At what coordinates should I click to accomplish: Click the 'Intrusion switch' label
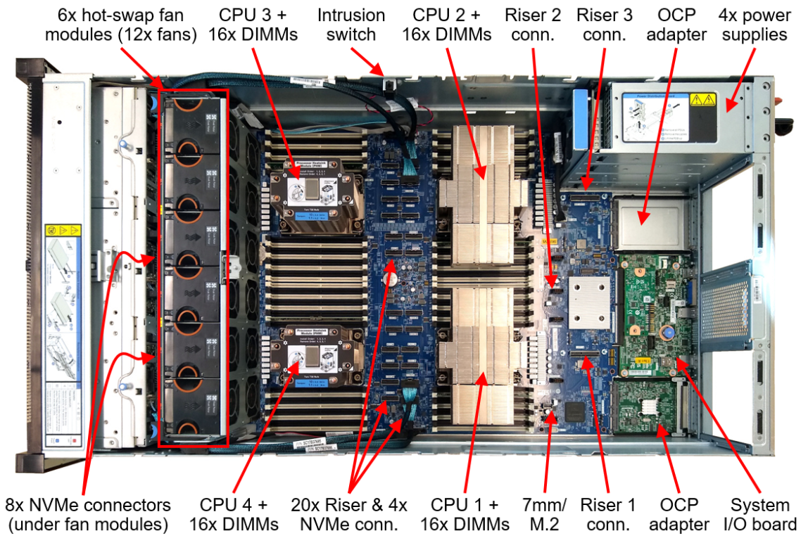351,25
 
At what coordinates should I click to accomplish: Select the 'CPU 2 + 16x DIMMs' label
450,25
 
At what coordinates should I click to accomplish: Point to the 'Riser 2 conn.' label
533,25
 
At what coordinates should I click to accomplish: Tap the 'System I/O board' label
759,514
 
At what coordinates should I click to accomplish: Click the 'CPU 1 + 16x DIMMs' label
465,514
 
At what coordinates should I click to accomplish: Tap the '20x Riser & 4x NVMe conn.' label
349,514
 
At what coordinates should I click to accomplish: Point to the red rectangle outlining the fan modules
159,267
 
